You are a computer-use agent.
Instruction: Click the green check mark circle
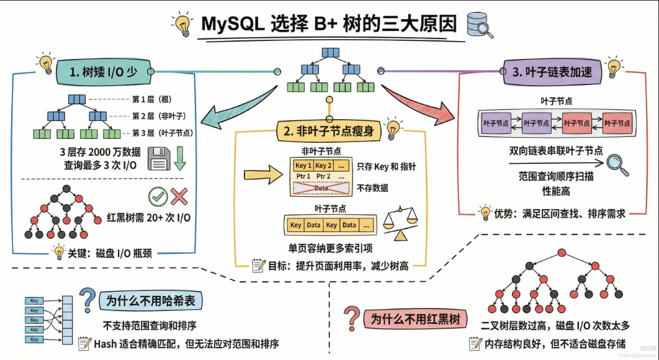point(158,197)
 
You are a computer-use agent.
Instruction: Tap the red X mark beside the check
point(179,197)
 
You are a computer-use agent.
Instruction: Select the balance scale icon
point(401,223)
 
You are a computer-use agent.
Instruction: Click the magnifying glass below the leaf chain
point(618,163)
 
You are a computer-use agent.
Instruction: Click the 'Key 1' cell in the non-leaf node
point(303,166)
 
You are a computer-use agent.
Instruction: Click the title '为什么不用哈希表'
point(150,301)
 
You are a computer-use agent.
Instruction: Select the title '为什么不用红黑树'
point(415,320)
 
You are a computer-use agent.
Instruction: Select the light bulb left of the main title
point(182,25)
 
